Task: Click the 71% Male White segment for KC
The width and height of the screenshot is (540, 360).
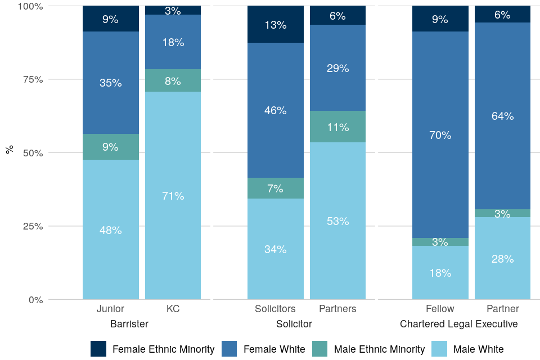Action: click(x=173, y=195)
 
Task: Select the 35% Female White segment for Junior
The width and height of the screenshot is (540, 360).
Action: click(x=110, y=83)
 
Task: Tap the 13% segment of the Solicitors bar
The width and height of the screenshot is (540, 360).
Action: click(x=276, y=25)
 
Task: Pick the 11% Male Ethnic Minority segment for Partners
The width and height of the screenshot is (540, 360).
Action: click(x=337, y=127)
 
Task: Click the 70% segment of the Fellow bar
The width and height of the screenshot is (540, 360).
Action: click(x=440, y=135)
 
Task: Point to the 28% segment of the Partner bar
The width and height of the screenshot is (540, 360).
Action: click(x=502, y=258)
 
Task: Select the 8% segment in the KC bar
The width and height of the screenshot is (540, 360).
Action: click(x=173, y=80)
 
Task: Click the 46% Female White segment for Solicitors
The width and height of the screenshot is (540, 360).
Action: click(x=276, y=110)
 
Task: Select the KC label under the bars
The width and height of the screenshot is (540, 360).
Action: click(x=173, y=309)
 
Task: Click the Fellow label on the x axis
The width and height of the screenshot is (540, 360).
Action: click(x=440, y=309)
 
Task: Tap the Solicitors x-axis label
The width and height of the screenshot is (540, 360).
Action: click(x=275, y=309)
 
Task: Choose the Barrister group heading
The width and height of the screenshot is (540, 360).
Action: click(x=129, y=324)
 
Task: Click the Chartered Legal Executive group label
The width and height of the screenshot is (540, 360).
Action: click(x=458, y=324)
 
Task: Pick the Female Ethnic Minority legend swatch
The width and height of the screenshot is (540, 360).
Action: click(x=98, y=349)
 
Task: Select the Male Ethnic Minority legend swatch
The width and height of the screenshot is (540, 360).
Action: click(x=319, y=349)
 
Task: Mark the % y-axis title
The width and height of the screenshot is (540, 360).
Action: click(x=10, y=150)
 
